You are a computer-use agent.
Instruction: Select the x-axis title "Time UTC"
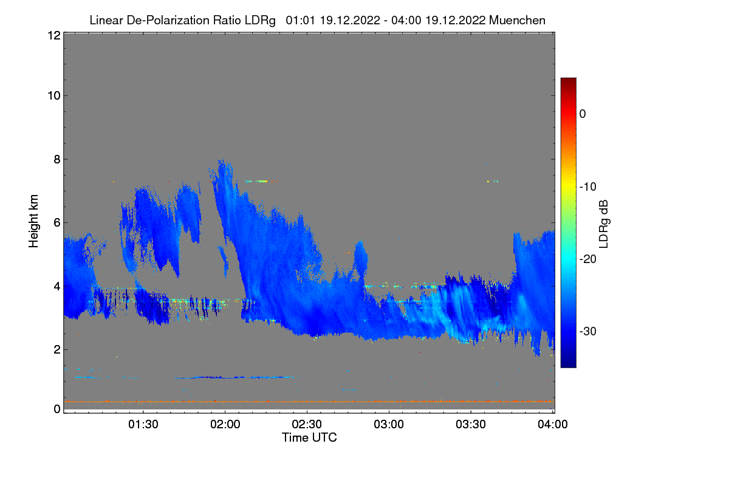pyautogui.click(x=309, y=437)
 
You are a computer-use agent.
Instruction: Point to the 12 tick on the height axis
pyautogui.click(x=53, y=35)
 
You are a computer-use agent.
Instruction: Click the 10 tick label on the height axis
pyautogui.click(x=53, y=95)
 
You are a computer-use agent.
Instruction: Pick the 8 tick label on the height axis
pyautogui.click(x=56, y=159)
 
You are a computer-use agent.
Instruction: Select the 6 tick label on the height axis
pyautogui.click(x=56, y=222)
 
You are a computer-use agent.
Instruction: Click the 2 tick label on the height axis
pyautogui.click(x=56, y=349)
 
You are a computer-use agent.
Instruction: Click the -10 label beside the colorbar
pyautogui.click(x=587, y=187)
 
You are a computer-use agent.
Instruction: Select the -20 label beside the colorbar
pyautogui.click(x=587, y=259)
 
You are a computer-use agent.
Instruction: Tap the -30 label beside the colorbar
pyautogui.click(x=587, y=332)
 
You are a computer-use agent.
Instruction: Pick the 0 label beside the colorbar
pyautogui.click(x=583, y=114)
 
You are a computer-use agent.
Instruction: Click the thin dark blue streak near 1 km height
pyautogui.click(x=234, y=377)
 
